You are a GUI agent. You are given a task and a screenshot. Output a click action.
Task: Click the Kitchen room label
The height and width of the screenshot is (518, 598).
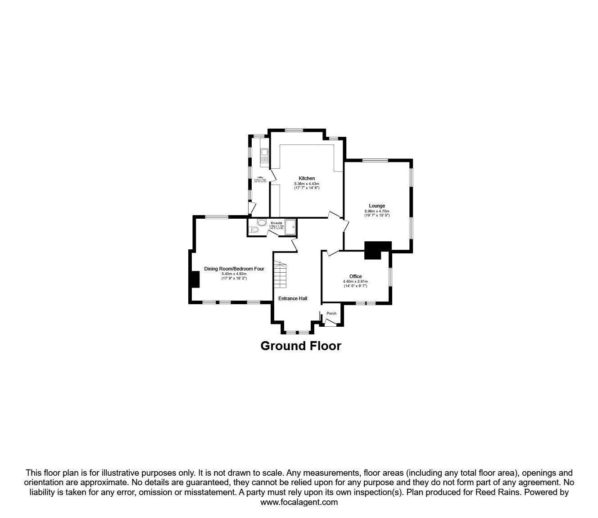point(307,178)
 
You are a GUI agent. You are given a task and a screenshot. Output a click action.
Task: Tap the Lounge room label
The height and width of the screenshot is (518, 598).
point(377,206)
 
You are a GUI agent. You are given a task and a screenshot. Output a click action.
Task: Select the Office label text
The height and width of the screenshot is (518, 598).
point(355,276)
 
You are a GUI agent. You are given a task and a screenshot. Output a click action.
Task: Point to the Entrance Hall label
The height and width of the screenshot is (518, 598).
point(293,298)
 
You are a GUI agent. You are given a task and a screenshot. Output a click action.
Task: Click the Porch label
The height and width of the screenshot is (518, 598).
point(331,313)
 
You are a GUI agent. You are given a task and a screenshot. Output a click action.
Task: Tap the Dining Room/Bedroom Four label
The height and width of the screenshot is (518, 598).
point(234,269)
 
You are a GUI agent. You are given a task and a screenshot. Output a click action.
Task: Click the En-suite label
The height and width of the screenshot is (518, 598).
point(276,223)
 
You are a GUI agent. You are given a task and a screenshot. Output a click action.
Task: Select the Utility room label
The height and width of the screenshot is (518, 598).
point(260,177)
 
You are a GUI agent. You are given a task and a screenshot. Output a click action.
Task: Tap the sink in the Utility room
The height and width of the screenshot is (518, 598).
point(264,156)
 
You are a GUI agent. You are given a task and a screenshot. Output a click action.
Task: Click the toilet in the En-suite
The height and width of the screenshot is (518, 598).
point(254,230)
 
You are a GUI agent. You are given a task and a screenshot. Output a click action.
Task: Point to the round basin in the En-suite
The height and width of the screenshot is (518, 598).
point(262,222)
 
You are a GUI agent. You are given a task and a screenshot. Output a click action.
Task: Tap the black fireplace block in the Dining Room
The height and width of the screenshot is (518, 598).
point(195,279)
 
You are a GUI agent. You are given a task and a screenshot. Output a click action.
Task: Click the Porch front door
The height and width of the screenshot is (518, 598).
point(331,322)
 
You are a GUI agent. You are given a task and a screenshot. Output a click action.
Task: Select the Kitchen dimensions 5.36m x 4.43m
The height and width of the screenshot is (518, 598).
point(307,184)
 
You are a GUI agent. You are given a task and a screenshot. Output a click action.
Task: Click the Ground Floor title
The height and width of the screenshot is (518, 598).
point(301,346)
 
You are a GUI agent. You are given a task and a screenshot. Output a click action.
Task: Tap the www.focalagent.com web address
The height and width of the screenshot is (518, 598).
point(299,502)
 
